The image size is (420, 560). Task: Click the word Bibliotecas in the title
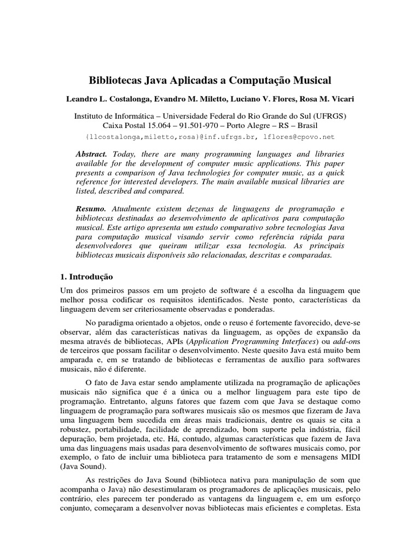(116, 80)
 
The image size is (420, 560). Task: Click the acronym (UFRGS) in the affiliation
(325, 116)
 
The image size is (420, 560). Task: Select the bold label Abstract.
(91, 155)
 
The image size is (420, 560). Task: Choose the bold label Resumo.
(91, 209)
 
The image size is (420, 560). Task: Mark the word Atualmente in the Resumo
(136, 209)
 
